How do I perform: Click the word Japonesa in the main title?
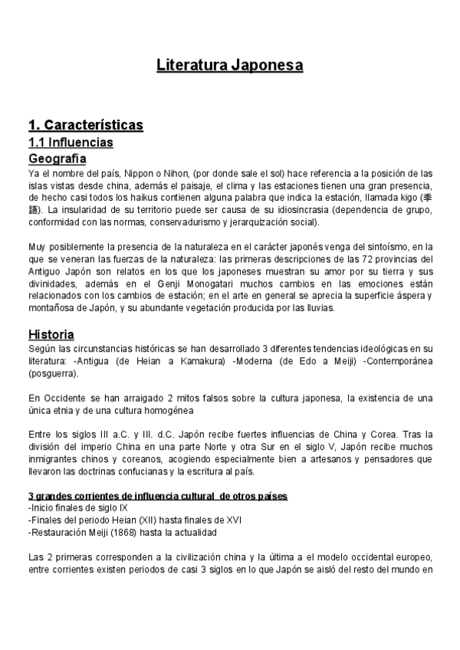pos(265,65)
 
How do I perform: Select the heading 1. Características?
pos(85,125)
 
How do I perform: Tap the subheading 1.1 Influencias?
pos(71,143)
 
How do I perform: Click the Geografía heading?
pos(57,159)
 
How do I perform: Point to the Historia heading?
pos(51,335)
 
